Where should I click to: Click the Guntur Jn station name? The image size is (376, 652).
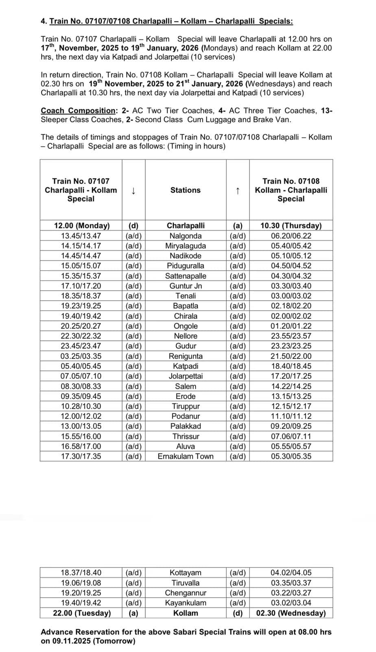click(186, 286)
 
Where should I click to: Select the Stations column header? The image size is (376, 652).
click(186, 190)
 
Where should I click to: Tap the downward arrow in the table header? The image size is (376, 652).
click(133, 190)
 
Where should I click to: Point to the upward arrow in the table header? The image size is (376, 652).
click(238, 190)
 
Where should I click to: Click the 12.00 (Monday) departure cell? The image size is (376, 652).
click(82, 225)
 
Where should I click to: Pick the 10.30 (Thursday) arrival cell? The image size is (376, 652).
click(291, 225)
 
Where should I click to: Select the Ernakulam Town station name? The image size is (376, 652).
click(186, 456)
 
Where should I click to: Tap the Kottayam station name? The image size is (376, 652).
click(186, 573)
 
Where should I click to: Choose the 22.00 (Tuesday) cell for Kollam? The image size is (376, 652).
click(82, 613)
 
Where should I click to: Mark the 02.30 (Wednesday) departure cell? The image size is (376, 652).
click(291, 613)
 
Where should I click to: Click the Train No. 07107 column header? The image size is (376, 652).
click(81, 190)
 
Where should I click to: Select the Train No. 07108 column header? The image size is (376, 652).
click(291, 190)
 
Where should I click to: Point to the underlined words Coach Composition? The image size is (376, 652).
click(79, 110)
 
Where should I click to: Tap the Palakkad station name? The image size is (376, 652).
click(186, 426)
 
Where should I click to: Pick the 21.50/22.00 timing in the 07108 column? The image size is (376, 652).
click(291, 356)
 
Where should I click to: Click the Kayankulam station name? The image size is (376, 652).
click(186, 603)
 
